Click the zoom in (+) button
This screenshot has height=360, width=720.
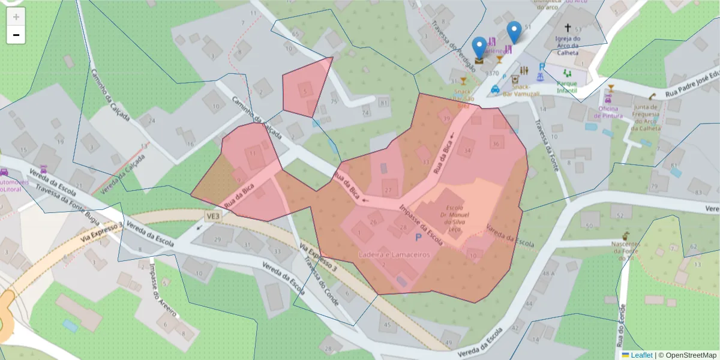point(16,16)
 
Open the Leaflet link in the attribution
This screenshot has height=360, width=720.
point(641,355)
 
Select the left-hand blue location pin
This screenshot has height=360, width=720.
point(479,48)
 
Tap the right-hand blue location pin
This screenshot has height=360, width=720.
point(514,32)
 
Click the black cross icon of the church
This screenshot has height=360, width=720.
point(568,28)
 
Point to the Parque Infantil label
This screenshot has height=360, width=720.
point(566,87)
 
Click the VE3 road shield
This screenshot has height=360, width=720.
point(212,215)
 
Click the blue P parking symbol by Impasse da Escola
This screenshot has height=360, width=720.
point(418,237)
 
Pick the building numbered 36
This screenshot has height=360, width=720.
point(496,144)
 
